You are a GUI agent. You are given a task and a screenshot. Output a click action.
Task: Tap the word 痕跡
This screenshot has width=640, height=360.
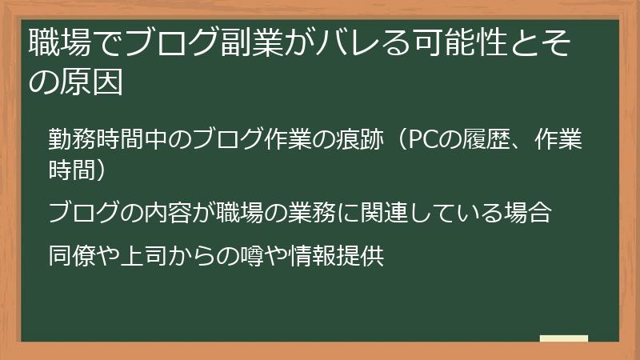[348, 140]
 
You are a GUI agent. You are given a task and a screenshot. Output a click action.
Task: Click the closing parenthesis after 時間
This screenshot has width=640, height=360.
[109, 170]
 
